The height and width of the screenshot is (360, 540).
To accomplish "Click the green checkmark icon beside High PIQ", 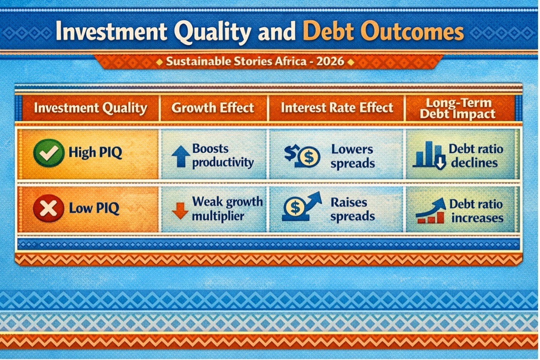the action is pos(49,153).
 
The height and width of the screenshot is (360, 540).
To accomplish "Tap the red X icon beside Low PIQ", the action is pos(48,208).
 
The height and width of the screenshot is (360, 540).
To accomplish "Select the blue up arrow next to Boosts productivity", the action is pos(181,156).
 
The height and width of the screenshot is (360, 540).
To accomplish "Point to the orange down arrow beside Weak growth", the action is pos(180,210).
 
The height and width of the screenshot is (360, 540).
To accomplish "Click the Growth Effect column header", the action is pos(213,108).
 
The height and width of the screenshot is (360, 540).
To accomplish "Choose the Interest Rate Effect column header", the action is pos(337,108).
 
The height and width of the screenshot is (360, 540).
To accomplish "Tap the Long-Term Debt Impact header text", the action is pos(458,109).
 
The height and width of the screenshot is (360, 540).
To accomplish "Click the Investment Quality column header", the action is pos(91,108).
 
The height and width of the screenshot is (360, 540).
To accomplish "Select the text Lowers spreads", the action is pos(352,156).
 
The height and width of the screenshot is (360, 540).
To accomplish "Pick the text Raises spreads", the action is pos(352,209).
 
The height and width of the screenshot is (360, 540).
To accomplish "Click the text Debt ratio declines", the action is pos(476,156).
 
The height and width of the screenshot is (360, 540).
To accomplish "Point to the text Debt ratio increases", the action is pos(476,210).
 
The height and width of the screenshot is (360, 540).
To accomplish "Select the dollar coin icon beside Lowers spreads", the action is pos(302,156).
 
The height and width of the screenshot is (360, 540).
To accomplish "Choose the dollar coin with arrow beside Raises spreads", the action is pos(302,207).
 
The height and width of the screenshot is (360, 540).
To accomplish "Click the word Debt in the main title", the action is pos(328,31).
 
